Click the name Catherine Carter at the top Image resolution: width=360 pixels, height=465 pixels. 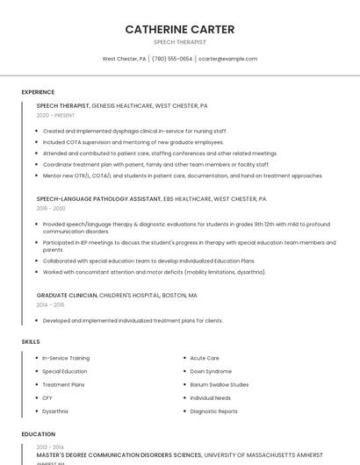pos(180,29)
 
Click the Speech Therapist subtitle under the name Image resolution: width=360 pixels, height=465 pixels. pos(180,42)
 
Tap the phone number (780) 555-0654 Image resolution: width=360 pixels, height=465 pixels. pos(172,59)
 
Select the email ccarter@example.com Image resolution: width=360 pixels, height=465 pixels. pos(227,59)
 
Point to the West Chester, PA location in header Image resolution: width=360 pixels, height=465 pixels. pos(124,59)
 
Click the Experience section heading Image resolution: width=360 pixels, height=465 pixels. pos(38,92)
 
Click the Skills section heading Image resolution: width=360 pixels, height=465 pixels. pos(31,341)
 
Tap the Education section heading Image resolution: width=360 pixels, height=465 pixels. pos(38,434)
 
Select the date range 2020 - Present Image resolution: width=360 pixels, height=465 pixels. pos(55,115)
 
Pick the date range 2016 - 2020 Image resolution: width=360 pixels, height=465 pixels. pos(51,209)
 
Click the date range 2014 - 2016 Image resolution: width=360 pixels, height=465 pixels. pos(51,305)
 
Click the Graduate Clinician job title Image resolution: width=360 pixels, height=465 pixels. pos(67,296)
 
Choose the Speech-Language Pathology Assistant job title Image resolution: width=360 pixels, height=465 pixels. pos(98,199)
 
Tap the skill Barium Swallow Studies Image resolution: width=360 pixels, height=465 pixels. pos(220,384)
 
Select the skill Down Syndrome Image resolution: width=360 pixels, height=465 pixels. pos(211,371)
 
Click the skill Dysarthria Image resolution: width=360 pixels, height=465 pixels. pos(55,411)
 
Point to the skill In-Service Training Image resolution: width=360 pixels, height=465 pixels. pos(66,358)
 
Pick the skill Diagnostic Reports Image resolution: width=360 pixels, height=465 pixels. pos(213,411)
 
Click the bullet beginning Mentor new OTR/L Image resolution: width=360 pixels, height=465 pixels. pos(183,175)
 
